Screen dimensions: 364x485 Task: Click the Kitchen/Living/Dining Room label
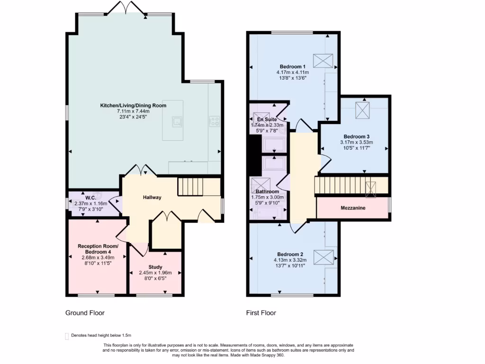tap(133, 105)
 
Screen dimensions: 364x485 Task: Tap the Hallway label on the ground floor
tap(153, 198)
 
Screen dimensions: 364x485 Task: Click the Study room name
tap(155, 267)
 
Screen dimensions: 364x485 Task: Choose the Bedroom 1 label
tap(292, 66)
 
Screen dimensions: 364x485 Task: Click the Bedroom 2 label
tap(290, 254)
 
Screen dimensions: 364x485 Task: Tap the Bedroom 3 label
tap(356, 136)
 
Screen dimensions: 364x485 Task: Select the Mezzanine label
tap(353, 208)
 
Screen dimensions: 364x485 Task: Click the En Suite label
tap(267, 119)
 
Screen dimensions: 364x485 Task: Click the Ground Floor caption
tap(85, 313)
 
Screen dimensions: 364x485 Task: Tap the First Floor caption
tap(261, 313)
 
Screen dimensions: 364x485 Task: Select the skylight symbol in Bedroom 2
tap(323, 258)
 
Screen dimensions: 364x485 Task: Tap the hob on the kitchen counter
tap(215, 121)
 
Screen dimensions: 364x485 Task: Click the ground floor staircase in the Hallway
tap(190, 186)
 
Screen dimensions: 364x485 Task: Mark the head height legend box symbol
tap(66, 336)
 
